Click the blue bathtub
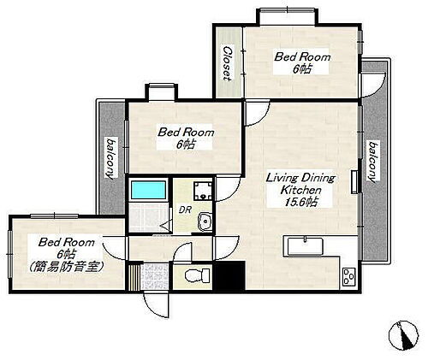pyautogui.click(x=149, y=190)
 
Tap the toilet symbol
pyautogui.click(x=193, y=276)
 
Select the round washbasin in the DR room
pyautogui.click(x=204, y=224)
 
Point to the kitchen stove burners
pyautogui.click(x=349, y=276)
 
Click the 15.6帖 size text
pyautogui.click(x=301, y=203)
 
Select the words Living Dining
pyautogui.click(x=300, y=178)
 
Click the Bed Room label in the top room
pyautogui.click(x=301, y=56)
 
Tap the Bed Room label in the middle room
pyautogui.click(x=186, y=133)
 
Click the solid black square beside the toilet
pyautogui.click(x=229, y=276)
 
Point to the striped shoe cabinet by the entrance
pyautogui.click(x=134, y=275)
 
